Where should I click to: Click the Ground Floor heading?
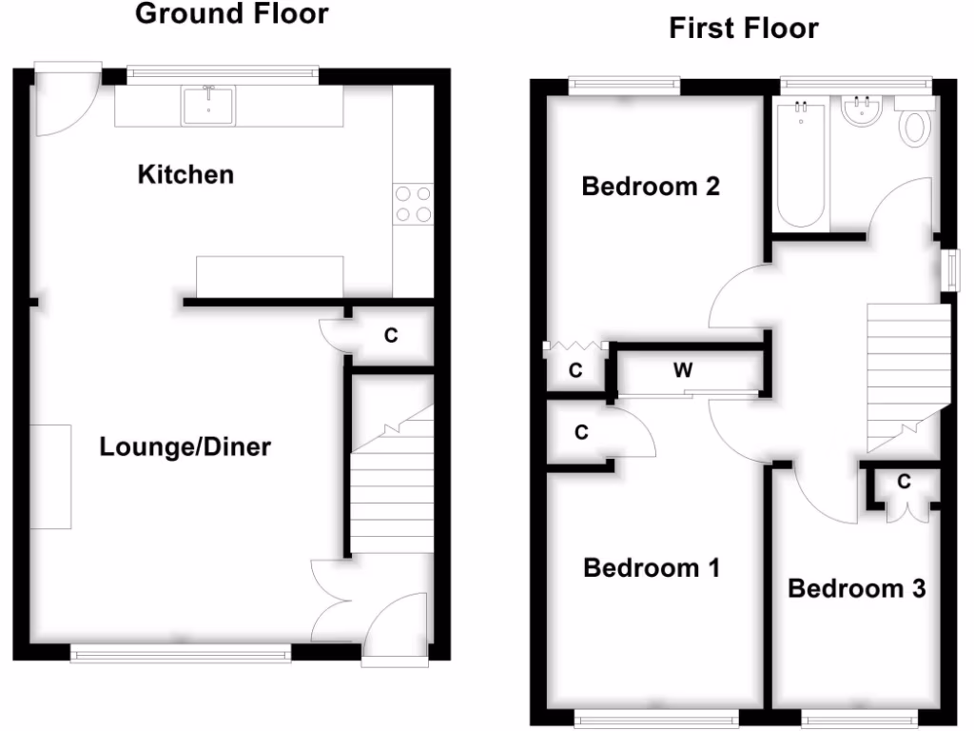pyautogui.click(x=231, y=14)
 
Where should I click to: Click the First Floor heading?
pyautogui.click(x=743, y=29)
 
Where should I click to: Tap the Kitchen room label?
pyautogui.click(x=185, y=175)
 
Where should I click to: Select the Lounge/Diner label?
pyautogui.click(x=185, y=446)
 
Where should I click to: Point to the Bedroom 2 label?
pyautogui.click(x=650, y=187)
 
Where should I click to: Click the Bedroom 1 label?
pyautogui.click(x=652, y=568)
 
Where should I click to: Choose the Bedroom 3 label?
pyautogui.click(x=856, y=588)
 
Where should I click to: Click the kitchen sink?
pyautogui.click(x=207, y=105)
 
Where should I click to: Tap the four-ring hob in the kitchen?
pyautogui.click(x=413, y=204)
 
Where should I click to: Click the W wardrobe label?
pyautogui.click(x=683, y=370)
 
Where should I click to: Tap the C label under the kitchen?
pyautogui.click(x=390, y=335)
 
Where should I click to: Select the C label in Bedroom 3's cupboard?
pyautogui.click(x=904, y=483)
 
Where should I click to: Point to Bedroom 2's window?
pyautogui.click(x=625, y=86)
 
